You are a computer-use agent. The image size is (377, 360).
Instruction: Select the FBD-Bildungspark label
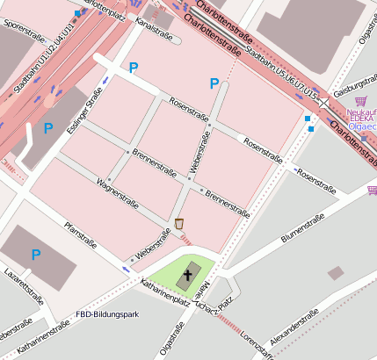point(107,314)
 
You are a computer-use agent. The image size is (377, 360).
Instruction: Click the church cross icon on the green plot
point(185,277)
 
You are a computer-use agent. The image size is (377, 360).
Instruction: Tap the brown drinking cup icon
point(180,223)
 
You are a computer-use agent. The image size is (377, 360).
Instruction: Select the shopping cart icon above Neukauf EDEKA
point(359,101)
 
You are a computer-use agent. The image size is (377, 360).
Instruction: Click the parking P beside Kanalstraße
point(134,67)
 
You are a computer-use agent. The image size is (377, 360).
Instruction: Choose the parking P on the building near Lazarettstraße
point(36,255)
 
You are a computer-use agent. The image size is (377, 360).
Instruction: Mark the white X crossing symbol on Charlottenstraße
point(324,103)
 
